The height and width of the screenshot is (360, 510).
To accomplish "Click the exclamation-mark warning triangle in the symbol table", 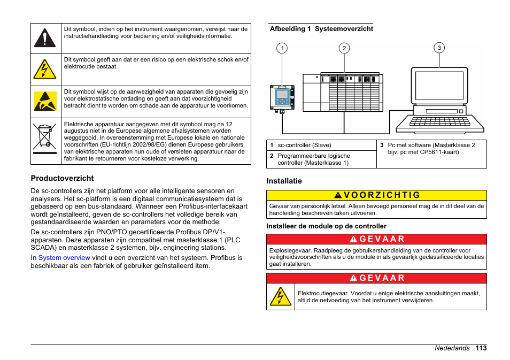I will [45, 38].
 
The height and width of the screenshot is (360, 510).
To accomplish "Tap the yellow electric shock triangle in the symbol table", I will [45, 70].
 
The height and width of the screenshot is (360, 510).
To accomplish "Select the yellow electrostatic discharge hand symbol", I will [45, 101].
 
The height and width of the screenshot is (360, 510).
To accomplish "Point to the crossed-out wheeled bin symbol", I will [45, 136].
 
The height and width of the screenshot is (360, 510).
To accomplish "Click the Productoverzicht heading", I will [62, 178].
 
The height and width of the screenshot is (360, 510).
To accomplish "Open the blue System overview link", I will [64, 257].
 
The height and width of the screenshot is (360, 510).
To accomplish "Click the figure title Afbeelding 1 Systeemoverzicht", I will [321, 29].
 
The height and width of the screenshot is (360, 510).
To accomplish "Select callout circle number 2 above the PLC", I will [345, 48].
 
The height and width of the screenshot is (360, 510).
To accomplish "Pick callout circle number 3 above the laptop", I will [439, 48].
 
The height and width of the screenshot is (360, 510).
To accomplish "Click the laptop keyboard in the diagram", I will [439, 124].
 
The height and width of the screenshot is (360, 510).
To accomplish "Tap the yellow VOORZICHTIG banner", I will [376, 195].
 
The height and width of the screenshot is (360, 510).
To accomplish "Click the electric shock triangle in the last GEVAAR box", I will [281, 296].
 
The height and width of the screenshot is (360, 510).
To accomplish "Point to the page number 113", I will [481, 348].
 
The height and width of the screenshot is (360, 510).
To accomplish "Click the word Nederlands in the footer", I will [452, 348].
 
